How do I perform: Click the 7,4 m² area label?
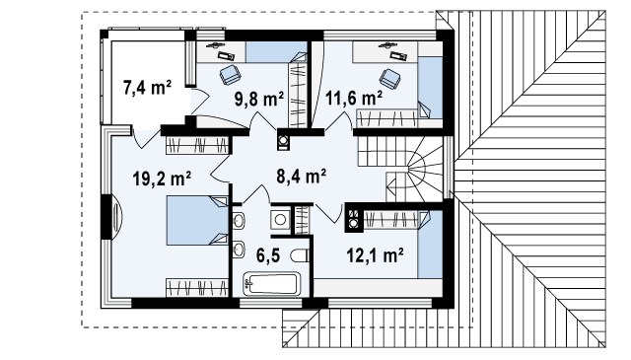[147, 88]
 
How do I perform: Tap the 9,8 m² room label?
[259, 99]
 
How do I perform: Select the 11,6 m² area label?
[354, 98]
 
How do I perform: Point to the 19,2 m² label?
[162, 179]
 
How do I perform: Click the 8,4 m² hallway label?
[301, 176]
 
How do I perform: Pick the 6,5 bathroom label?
[268, 255]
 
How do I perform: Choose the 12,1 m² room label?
[375, 254]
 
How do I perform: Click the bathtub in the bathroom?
[272, 283]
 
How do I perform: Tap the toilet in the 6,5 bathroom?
[300, 255]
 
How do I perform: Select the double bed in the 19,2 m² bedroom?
[197, 220]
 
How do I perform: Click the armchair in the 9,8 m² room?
[230, 75]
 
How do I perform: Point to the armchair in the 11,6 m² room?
[390, 79]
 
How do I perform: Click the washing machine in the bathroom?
[280, 220]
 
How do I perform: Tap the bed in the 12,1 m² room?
[430, 244]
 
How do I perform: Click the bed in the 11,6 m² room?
[430, 87]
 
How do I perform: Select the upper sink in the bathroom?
[239, 221]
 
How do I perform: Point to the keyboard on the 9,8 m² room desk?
[226, 55]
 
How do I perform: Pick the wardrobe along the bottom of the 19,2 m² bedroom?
[197, 288]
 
